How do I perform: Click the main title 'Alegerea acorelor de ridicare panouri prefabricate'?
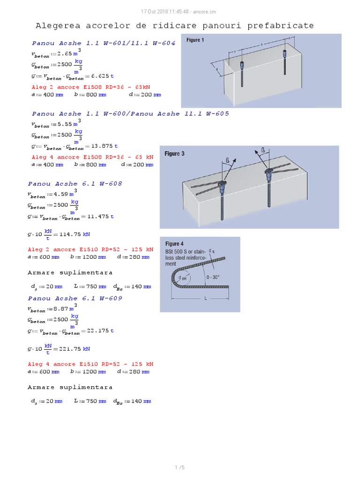(175, 25)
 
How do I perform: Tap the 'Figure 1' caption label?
(195, 40)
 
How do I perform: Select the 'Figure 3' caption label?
(174, 154)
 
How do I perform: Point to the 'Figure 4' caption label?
(174, 244)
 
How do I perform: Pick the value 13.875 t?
(105, 146)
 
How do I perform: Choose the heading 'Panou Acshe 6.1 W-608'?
(75, 184)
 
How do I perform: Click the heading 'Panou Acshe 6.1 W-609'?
(75, 299)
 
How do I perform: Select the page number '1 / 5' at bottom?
(180, 467)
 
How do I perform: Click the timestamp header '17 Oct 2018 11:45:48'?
(166, 11)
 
